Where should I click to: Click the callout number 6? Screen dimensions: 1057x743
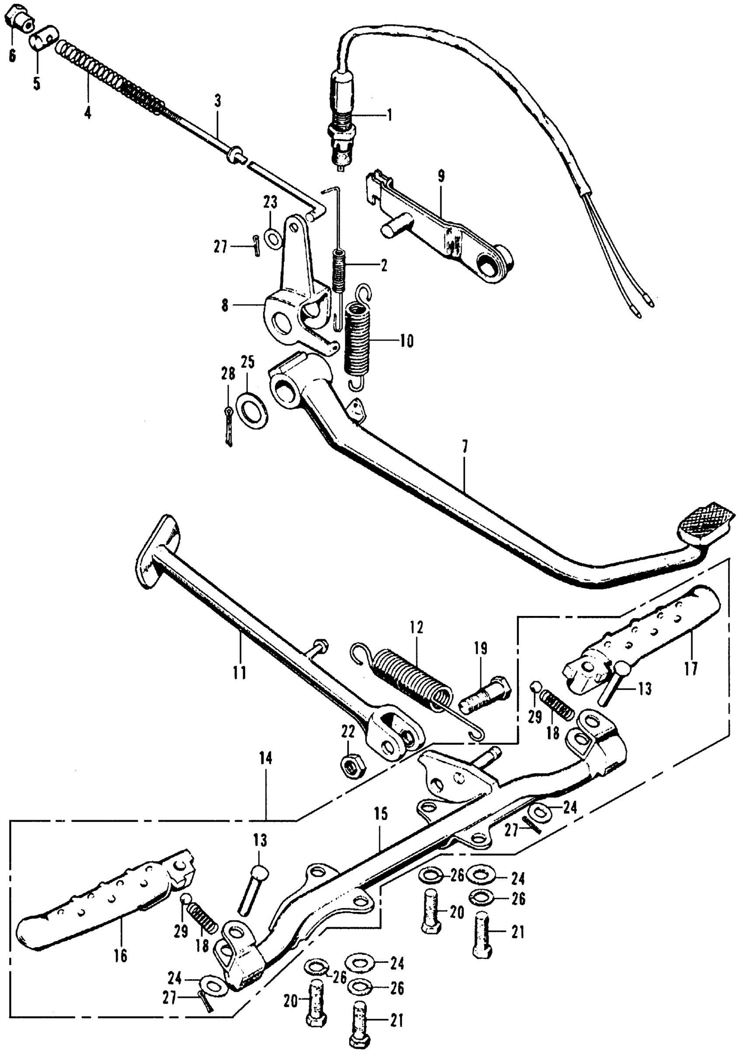(11, 56)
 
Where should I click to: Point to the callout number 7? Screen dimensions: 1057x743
(465, 447)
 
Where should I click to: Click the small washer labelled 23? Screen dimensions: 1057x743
(274, 237)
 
